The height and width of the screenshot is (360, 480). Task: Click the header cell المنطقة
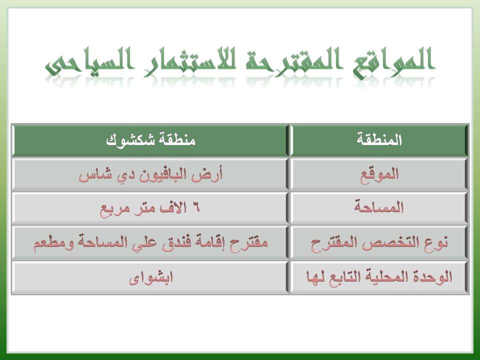tap(379, 139)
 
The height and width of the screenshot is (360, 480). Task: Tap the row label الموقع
tap(379, 175)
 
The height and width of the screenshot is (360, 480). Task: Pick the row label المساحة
tap(379, 207)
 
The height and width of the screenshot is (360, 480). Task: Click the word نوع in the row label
tap(436, 242)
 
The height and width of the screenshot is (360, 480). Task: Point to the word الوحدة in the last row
tap(433, 276)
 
